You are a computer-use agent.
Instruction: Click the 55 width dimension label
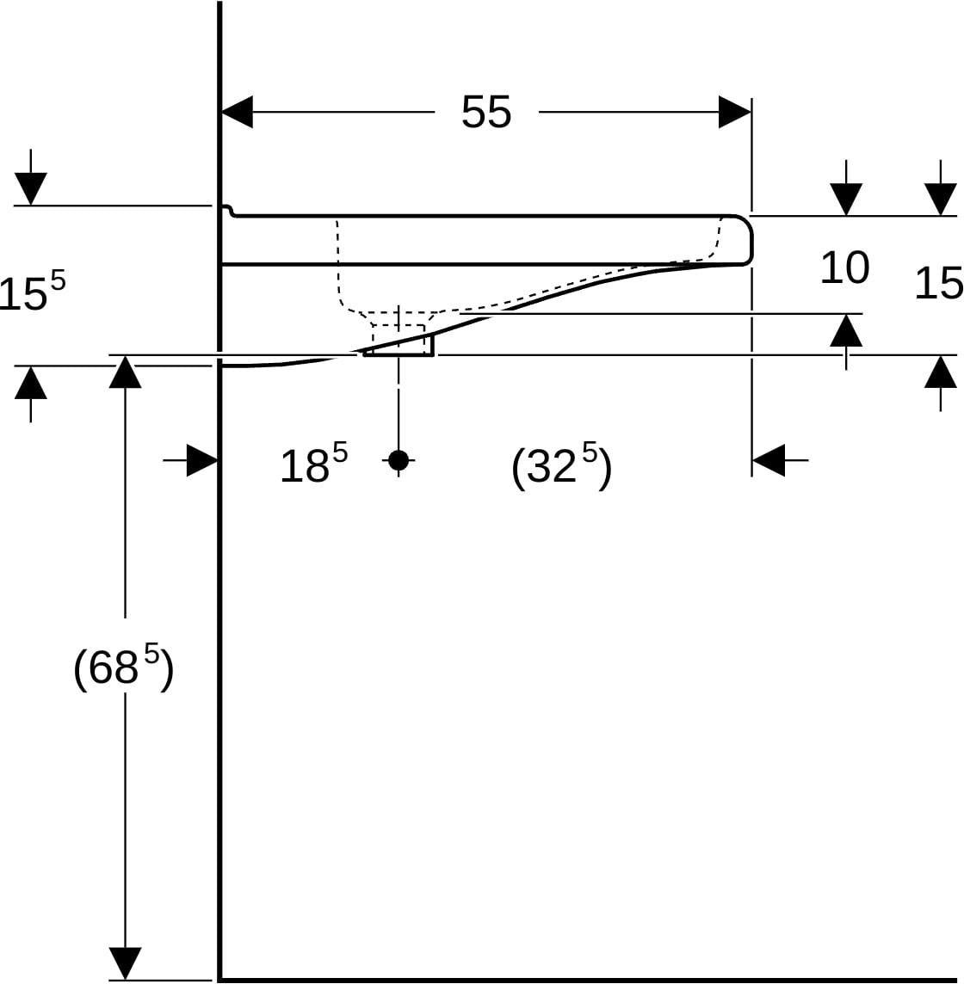[486, 113]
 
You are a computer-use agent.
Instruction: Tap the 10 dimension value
[844, 268]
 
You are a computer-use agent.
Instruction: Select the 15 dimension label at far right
[938, 284]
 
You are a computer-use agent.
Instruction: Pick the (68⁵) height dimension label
[123, 667]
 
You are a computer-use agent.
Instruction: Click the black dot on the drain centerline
[399, 460]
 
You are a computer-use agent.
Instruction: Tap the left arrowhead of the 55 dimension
[237, 113]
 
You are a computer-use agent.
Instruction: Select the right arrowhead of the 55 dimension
[735, 113]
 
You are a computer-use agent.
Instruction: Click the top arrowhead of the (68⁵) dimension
[125, 372]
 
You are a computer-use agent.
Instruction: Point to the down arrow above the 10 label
[846, 188]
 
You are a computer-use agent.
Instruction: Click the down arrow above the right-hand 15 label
[940, 188]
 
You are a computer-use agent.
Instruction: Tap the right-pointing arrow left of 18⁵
[190, 461]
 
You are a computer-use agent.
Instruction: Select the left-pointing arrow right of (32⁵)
[780, 460]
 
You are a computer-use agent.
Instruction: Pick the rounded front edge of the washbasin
[746, 240]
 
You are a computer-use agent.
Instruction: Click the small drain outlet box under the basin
[399, 345]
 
